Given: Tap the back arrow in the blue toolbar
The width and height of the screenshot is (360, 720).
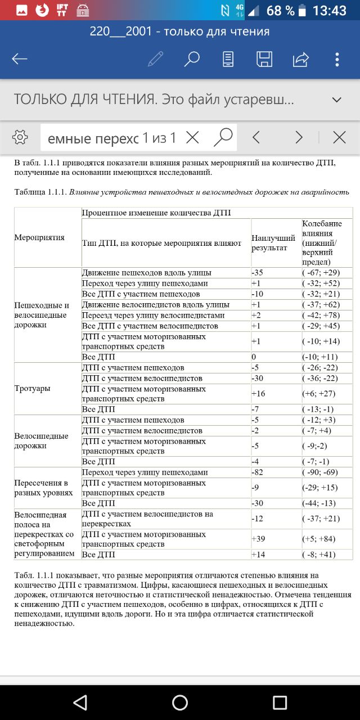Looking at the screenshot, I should point(20,59).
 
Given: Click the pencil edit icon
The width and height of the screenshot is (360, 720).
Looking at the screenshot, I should point(155,59).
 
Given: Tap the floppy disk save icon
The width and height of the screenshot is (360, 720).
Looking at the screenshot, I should point(264,59).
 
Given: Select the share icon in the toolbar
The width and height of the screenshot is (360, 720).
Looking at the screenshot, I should point(301,59).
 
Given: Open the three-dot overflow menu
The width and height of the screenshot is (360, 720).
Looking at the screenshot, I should point(337,59).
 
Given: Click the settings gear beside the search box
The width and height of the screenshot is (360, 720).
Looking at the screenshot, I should point(20,137).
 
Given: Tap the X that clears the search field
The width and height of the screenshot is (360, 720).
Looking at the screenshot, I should point(192,137).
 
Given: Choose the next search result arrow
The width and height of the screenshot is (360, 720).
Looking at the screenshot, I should point(299,137).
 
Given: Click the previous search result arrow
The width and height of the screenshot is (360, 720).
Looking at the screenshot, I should point(256,137).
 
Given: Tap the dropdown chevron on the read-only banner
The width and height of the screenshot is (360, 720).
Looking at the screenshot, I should point(337,100).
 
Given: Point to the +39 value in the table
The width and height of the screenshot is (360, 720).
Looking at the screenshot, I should point(258,539).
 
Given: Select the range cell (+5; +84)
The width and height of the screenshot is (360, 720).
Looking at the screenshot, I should point(319,539).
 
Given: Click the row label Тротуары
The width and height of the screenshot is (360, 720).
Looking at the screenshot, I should point(32,389).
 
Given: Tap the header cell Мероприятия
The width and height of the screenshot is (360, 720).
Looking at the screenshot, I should point(39,237).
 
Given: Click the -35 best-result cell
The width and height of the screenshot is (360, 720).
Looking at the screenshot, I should point(258,273).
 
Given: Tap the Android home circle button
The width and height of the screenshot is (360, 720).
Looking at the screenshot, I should point(180,702).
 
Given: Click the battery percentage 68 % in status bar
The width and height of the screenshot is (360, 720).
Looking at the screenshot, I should point(281,11).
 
